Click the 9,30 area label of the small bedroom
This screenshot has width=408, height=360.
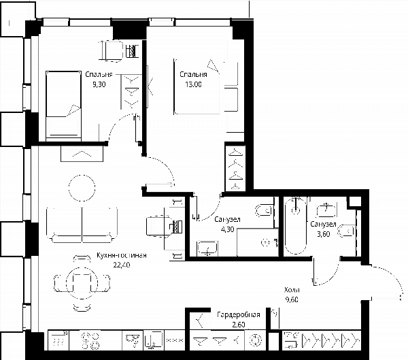(99, 84)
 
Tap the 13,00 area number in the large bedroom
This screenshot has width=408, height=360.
(193, 84)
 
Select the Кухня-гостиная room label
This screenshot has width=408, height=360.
(121, 255)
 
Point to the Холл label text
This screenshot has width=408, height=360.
(292, 290)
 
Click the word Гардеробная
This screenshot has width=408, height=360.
(239, 314)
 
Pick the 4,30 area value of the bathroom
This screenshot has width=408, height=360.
(228, 229)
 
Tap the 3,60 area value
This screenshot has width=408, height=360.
(324, 234)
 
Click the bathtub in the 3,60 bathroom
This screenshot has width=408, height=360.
(296, 225)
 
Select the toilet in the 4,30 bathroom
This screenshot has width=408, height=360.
(264, 210)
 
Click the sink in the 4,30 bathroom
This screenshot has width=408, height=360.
(207, 248)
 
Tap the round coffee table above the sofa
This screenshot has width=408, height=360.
(82, 188)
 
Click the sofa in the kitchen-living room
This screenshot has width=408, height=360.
(82, 225)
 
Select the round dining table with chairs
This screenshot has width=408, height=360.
(82, 283)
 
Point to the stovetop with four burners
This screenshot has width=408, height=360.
(91, 340)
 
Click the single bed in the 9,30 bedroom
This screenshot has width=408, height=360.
(63, 104)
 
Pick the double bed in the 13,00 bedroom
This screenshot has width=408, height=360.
(197, 86)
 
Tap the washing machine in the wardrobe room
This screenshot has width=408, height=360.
(255, 340)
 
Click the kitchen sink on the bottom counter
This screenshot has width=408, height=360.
(133, 340)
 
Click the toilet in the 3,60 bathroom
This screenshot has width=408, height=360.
(346, 231)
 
